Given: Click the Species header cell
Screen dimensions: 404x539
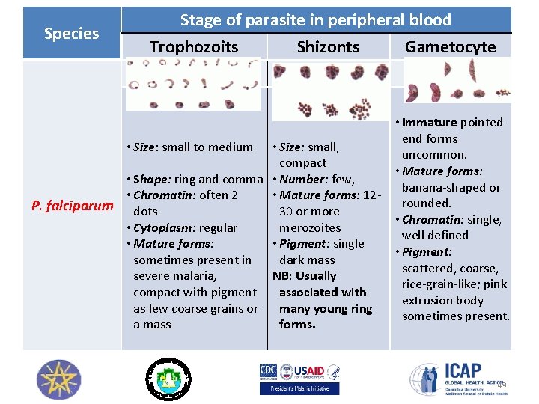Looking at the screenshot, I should click(71, 34).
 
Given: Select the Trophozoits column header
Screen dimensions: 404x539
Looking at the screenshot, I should click(193, 47).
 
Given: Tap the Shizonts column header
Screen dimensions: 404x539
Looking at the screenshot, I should click(328, 47).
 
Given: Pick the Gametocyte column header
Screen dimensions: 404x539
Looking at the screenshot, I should click(450, 47).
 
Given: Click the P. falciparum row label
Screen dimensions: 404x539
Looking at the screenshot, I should click(72, 206).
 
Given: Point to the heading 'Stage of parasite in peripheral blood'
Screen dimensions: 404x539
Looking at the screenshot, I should click(315, 20).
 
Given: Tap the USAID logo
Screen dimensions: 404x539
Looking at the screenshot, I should click(310, 370).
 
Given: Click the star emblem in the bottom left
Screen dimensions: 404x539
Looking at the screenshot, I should click(58, 379).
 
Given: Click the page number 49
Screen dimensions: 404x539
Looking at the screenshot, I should click(502, 385).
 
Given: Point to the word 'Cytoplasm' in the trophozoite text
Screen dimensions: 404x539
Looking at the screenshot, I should click(159, 227).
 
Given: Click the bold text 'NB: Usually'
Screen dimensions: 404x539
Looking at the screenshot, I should click(304, 276).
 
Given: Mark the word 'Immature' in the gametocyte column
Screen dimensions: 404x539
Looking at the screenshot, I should click(429, 123).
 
